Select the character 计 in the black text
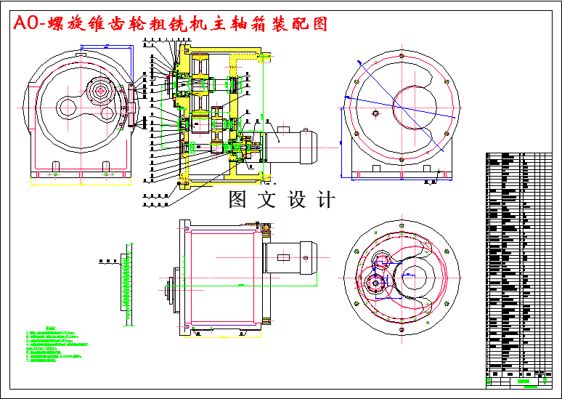click(326, 199)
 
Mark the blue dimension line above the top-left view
click(106, 47)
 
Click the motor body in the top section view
click(289, 144)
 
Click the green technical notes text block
click(54, 345)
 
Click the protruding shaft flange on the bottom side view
click(171, 291)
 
